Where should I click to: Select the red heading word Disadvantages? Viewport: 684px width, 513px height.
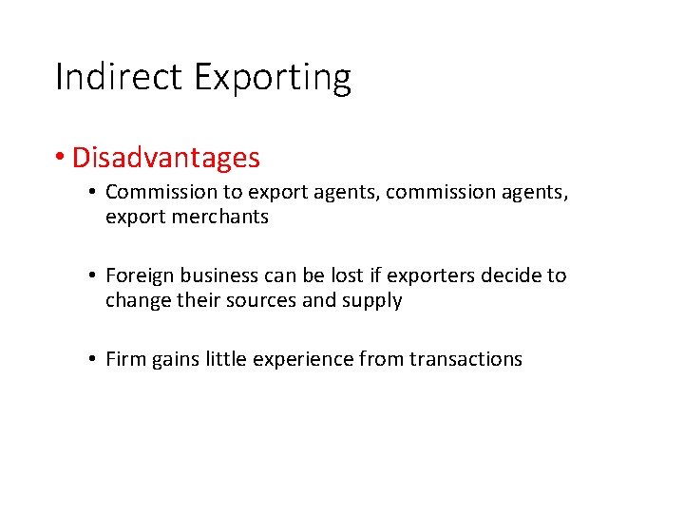(x=165, y=157)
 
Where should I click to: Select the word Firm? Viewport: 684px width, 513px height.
(x=124, y=359)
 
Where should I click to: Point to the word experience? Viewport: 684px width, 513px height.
(x=303, y=360)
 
